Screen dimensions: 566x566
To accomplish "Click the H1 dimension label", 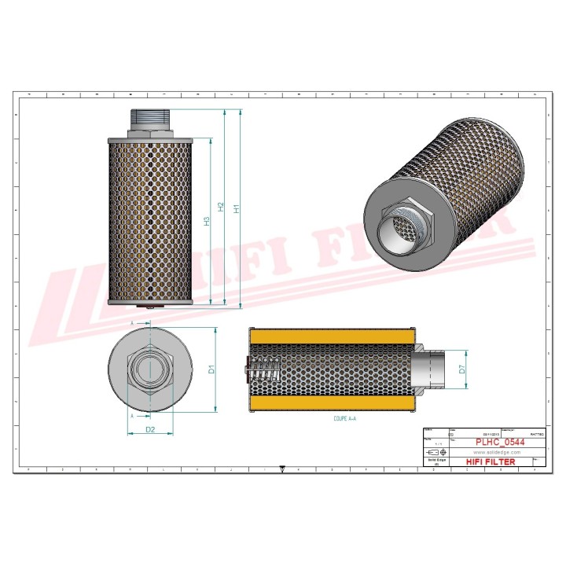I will pyautogui.click(x=237, y=208).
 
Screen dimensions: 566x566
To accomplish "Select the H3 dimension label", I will pyautogui.click(x=207, y=222).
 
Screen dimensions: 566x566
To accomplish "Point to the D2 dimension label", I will pyautogui.click(x=149, y=429).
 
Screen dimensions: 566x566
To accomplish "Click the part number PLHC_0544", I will pyautogui.click(x=500, y=443).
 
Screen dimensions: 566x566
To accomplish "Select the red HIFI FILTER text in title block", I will pyautogui.click(x=491, y=462).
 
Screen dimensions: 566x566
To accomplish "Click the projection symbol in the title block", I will pyautogui.click(x=434, y=454).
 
